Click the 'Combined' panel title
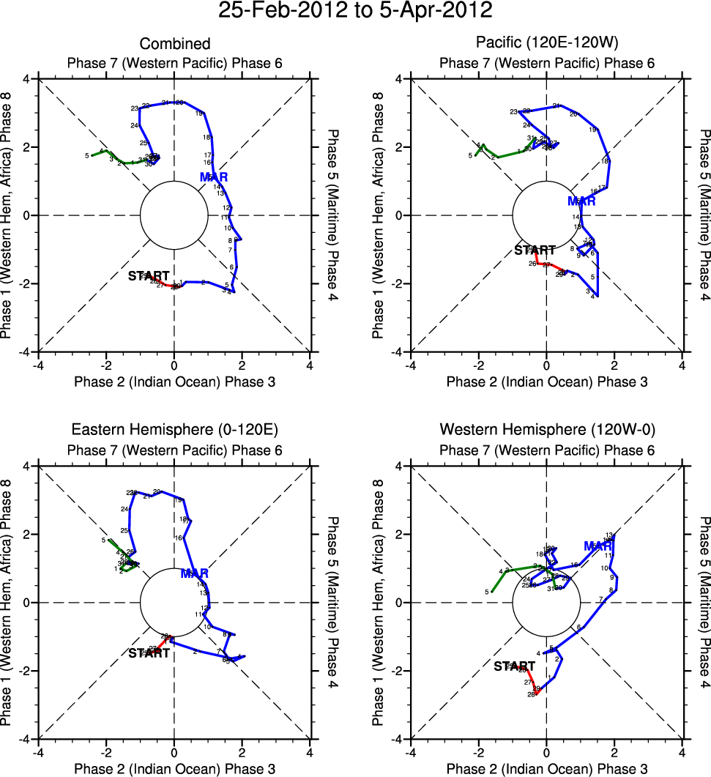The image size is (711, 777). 175,44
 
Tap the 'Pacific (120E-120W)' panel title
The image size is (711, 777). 547,44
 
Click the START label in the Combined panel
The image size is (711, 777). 149,276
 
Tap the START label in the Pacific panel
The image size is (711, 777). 535,250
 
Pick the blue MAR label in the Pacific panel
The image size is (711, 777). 581,201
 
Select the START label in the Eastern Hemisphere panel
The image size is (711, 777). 149,653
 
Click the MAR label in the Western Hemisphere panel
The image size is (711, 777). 598,546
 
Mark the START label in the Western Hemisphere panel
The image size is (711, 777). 514,666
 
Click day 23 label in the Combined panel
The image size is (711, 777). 135,108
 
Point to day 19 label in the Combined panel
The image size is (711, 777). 199,114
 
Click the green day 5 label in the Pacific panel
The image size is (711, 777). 471,156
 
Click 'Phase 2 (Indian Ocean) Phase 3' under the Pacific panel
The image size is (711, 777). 547,382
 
